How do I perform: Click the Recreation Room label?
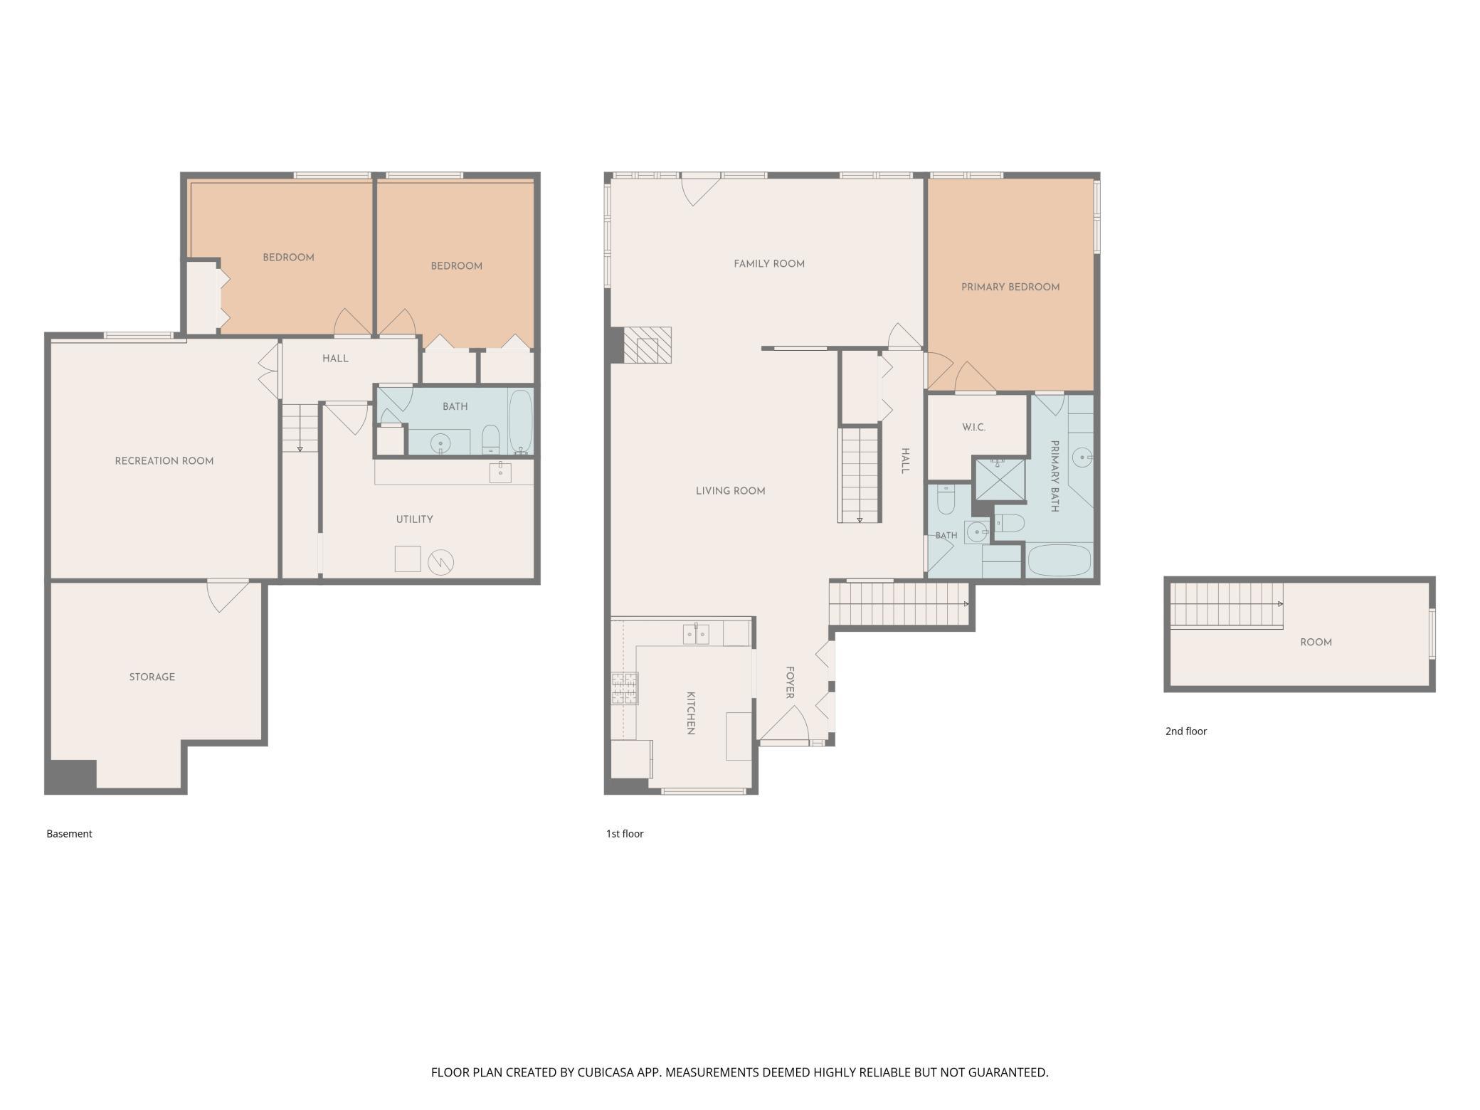(164, 461)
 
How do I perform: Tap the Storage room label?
(152, 677)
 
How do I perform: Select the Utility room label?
(414, 519)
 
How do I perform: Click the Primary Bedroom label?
(1010, 287)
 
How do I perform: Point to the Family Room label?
(769, 264)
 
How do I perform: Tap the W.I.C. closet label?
(973, 428)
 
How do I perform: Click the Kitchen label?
(690, 712)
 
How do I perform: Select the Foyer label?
(790, 682)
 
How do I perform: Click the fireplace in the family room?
(647, 345)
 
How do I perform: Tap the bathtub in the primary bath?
(1059, 560)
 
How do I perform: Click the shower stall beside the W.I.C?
(1000, 480)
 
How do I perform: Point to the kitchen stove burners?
(624, 688)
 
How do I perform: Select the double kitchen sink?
(696, 634)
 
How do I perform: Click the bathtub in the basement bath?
(520, 422)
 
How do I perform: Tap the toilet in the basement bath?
(491, 439)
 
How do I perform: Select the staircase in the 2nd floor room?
(1227, 606)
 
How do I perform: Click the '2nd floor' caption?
(1186, 731)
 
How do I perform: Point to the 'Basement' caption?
(69, 834)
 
